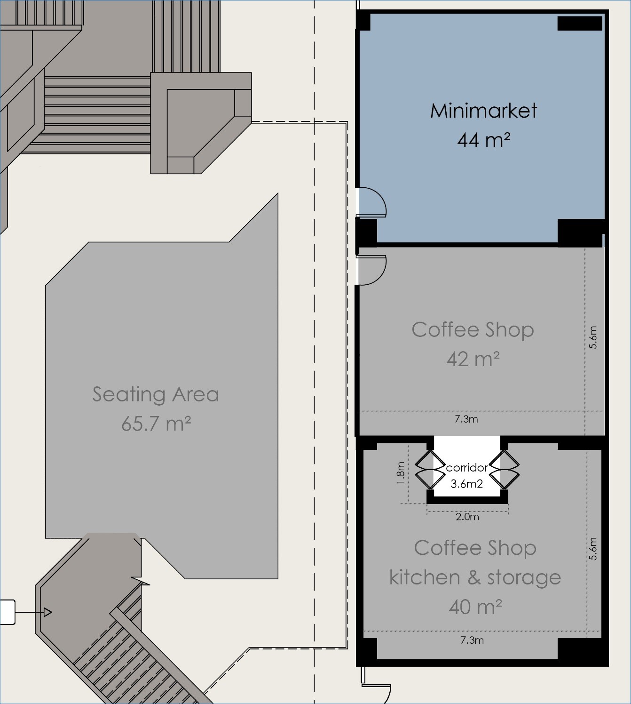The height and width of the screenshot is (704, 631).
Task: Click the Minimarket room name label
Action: pos(483,111)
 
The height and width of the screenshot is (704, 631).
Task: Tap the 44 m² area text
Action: pos(483,140)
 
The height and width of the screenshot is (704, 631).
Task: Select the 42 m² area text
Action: pos(473,359)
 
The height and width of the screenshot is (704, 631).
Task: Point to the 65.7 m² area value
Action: pos(156,423)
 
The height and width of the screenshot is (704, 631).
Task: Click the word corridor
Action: pos(467,468)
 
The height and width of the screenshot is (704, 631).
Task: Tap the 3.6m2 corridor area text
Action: pos(467,484)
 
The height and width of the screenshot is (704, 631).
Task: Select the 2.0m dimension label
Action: pos(467,517)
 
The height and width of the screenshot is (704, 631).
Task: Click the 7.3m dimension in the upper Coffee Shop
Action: pos(466,419)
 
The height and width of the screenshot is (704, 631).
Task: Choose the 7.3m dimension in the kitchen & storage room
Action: pos(472,640)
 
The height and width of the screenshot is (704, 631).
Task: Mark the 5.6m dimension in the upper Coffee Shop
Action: pos(593,337)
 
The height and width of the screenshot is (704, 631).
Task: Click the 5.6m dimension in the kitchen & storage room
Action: pos(593,549)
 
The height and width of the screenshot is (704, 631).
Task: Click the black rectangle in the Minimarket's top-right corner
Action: pos(580,23)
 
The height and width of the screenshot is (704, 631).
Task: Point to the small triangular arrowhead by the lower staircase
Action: pos(47,612)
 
